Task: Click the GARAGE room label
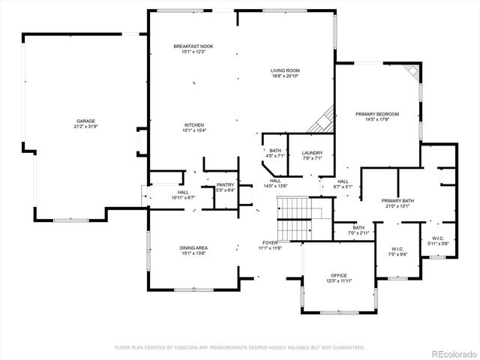click(x=85, y=121)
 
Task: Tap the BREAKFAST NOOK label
click(x=193, y=46)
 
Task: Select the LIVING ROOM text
click(x=284, y=70)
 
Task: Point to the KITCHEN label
click(x=194, y=124)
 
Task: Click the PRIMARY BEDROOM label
click(x=376, y=114)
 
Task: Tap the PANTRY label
click(x=225, y=184)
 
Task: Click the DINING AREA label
click(x=193, y=247)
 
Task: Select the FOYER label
click(x=269, y=243)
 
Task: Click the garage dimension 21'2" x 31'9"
click(x=85, y=126)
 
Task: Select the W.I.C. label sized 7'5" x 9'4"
click(x=397, y=249)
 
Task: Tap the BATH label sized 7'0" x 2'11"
click(x=358, y=227)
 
